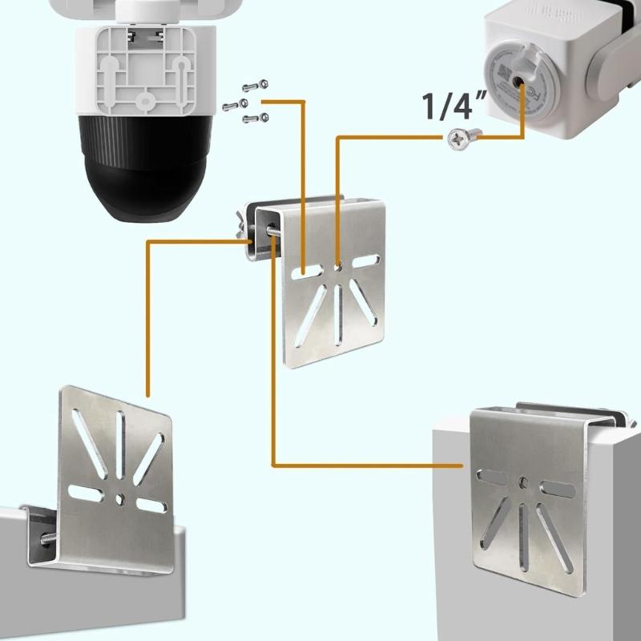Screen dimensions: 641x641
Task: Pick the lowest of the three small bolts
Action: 256,119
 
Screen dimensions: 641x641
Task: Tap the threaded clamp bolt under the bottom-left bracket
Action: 44,539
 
